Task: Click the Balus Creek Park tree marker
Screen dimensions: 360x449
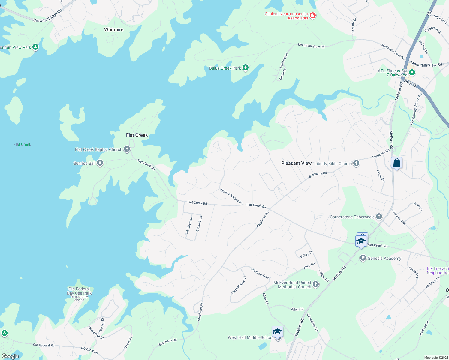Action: point(246,68)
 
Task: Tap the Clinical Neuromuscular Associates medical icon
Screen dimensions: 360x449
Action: point(313,16)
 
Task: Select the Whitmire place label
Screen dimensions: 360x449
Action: point(114,29)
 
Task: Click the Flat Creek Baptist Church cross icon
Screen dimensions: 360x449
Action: point(127,149)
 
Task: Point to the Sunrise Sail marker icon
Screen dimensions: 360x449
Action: point(100,163)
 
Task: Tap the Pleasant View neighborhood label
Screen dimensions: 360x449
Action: point(296,163)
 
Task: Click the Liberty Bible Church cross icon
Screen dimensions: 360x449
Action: point(356,163)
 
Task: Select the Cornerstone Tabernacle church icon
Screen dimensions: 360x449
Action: point(379,216)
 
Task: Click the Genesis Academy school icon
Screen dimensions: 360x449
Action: point(363,258)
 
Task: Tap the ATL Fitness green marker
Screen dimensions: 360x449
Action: point(412,72)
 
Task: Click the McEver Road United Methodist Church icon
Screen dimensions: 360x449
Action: point(316,284)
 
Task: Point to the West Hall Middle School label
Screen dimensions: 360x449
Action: point(250,337)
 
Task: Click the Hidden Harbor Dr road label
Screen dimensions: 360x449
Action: point(231,196)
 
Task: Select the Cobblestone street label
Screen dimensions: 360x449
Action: point(189,226)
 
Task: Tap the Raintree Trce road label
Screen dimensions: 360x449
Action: point(260,273)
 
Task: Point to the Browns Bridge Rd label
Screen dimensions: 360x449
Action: point(47,16)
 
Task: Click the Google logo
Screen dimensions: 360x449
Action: point(10,356)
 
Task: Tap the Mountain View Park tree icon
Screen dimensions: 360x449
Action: point(35,47)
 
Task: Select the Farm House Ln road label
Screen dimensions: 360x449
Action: point(239,285)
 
